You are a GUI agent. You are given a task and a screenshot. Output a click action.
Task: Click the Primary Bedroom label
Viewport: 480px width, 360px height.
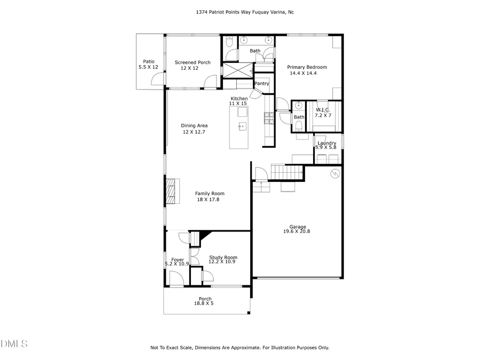(307, 67)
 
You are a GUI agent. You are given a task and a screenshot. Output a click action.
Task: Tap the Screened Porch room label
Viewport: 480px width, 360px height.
(193, 62)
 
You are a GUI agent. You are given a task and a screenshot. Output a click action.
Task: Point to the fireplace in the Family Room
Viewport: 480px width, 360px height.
(170, 191)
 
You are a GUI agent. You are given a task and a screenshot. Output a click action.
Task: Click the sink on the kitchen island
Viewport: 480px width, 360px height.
(242, 126)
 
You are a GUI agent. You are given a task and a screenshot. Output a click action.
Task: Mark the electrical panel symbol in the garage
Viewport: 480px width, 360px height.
(334, 173)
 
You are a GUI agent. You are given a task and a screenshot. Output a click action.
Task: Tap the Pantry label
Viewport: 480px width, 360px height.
(261, 84)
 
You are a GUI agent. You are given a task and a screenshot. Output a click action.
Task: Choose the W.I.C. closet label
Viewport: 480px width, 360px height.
(323, 109)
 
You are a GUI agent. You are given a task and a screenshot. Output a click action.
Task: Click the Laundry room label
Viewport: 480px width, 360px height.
(326, 143)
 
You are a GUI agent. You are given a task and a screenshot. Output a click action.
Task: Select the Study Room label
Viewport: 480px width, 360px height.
(223, 257)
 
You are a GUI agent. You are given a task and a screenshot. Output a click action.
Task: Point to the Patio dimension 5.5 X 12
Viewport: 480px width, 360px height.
(148, 67)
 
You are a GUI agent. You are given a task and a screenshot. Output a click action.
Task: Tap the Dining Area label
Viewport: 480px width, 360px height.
(194, 126)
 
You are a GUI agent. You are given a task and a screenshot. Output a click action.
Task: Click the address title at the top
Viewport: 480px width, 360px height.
(239, 12)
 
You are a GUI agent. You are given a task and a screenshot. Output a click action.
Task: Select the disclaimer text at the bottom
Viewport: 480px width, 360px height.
(239, 348)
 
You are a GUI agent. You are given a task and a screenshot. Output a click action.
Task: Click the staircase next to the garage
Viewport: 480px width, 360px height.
(286, 172)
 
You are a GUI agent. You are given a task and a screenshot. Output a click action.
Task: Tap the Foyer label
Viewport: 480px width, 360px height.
(177, 260)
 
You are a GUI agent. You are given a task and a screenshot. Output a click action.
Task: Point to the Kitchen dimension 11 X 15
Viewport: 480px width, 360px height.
(238, 103)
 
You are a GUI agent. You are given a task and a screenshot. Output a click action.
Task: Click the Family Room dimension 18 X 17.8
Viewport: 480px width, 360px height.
(208, 199)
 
